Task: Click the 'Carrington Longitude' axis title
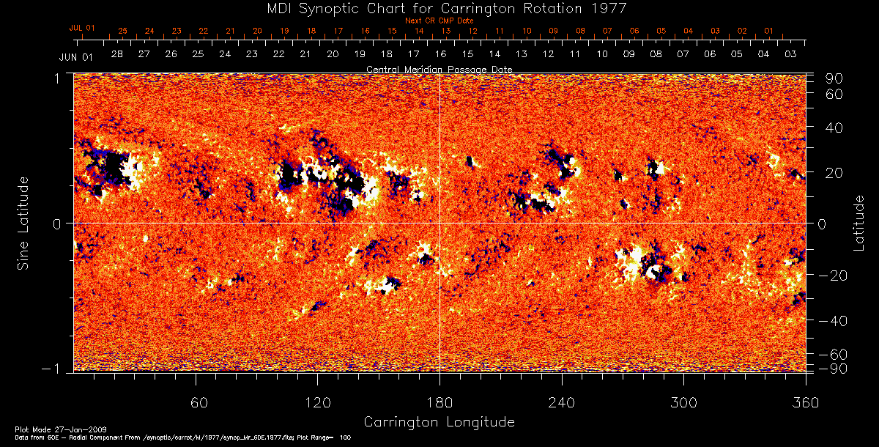click(439, 422)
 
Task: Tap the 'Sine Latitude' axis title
click(24, 223)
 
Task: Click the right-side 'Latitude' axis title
click(858, 223)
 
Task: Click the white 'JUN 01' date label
click(75, 56)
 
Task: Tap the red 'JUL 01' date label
click(82, 28)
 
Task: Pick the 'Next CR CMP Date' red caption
click(439, 21)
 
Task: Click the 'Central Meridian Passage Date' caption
click(439, 69)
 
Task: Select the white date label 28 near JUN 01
click(116, 54)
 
